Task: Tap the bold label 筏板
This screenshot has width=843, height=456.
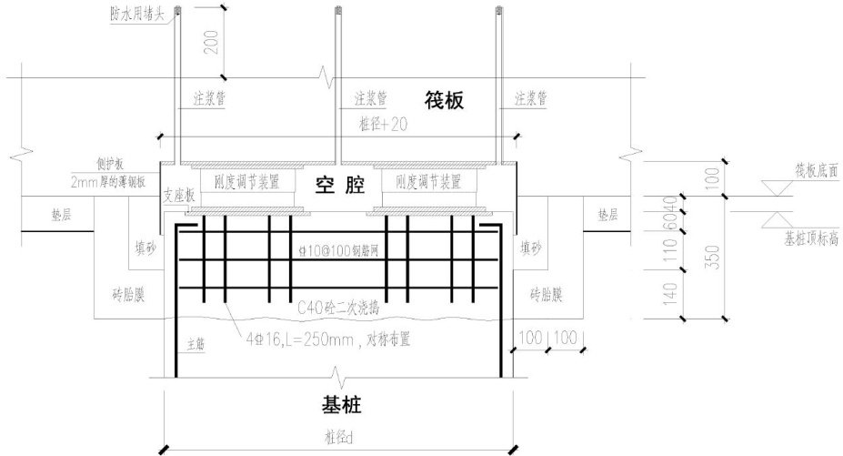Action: (x=443, y=99)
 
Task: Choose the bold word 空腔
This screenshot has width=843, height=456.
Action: (x=339, y=186)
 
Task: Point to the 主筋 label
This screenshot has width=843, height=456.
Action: (x=196, y=344)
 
